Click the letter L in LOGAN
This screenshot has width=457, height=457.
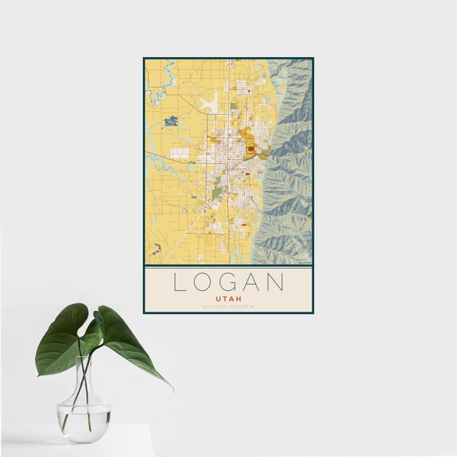point(177,283)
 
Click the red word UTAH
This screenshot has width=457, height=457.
point(228,299)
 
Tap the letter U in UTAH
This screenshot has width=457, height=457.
point(219,299)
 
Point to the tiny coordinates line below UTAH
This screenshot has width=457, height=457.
point(228,307)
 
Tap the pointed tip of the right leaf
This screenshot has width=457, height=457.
point(171,388)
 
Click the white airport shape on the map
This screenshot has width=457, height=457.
point(211,103)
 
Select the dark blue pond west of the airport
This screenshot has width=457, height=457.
point(171,120)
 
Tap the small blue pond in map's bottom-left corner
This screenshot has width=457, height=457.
point(157,248)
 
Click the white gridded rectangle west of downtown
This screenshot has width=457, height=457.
point(180,152)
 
